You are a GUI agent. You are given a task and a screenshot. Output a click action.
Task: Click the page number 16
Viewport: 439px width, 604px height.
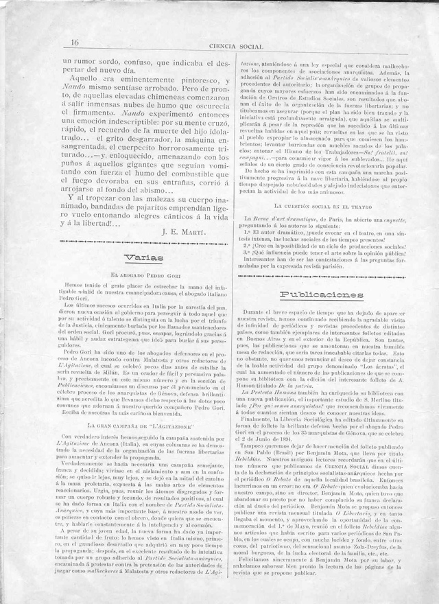coord(74,43)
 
